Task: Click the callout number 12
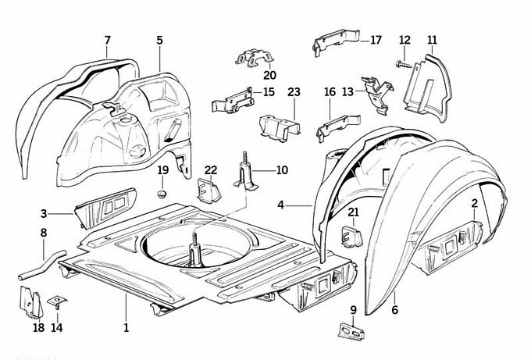tap(404, 40)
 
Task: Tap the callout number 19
tap(163, 170)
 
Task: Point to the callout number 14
tap(57, 327)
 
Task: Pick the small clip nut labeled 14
tap(57, 301)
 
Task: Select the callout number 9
tap(354, 310)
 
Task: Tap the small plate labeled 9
tap(352, 332)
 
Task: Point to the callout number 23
tap(294, 92)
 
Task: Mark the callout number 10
tap(282, 169)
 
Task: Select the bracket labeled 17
tap(334, 44)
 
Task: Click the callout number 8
tap(43, 232)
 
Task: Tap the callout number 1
tap(125, 327)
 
